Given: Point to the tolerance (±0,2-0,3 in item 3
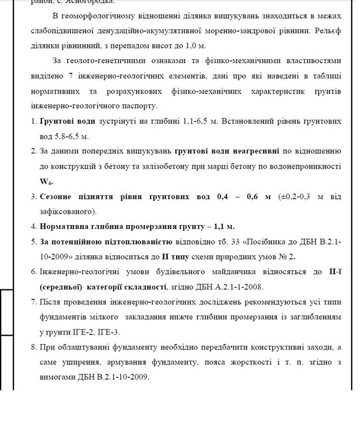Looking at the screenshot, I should pos(293,197).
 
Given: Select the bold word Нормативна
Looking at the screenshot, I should pos(65,227).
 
